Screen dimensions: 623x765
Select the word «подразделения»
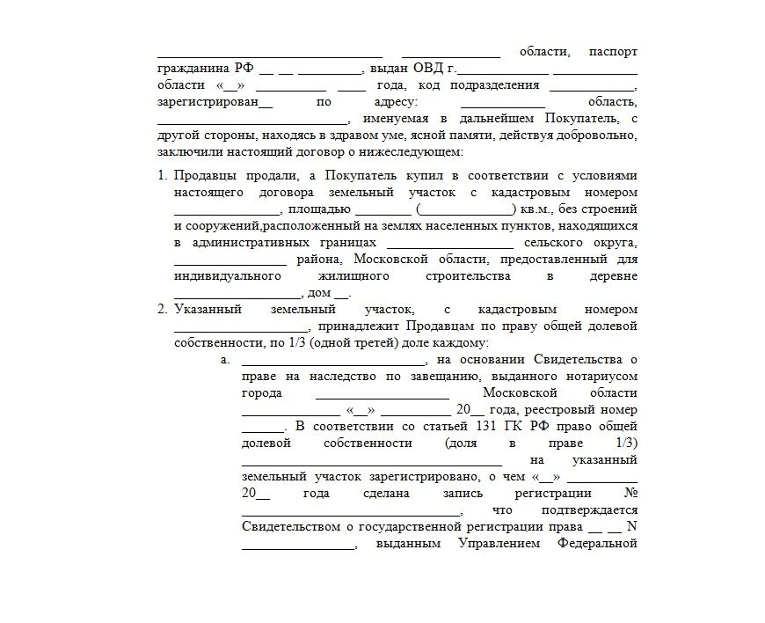(x=494, y=85)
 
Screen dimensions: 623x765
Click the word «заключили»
(x=187, y=152)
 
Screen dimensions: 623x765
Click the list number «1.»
(x=163, y=176)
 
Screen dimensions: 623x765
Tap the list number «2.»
(x=163, y=310)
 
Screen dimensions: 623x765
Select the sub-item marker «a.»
(x=225, y=360)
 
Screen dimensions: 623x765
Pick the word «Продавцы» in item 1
(x=202, y=176)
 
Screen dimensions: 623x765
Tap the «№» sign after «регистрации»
(x=629, y=494)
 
